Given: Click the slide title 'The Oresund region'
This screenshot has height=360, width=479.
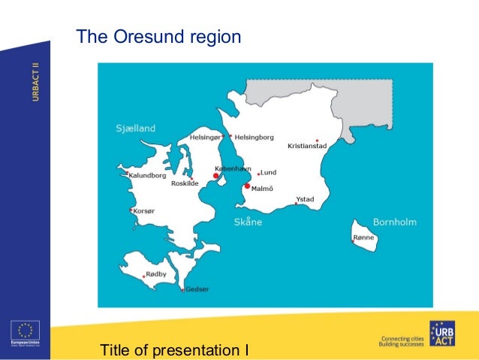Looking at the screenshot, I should (x=158, y=37).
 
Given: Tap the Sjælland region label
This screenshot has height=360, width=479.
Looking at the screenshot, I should (x=135, y=128).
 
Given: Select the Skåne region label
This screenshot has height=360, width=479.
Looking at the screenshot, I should (x=249, y=222).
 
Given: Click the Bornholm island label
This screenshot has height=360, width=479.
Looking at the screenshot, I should (x=394, y=222).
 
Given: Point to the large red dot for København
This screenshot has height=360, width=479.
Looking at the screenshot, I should (x=215, y=176).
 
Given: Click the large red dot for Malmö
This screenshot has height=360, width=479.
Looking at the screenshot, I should (x=247, y=186).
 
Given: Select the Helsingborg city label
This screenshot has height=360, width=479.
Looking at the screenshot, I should (x=255, y=138).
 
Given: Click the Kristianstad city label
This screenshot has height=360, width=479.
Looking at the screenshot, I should (x=307, y=146).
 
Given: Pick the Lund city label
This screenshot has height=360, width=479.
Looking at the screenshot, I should (x=268, y=172).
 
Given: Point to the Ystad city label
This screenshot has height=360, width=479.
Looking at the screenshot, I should (x=305, y=199).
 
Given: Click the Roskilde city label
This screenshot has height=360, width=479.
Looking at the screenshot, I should (x=185, y=183).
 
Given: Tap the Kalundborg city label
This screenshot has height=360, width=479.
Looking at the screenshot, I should (x=147, y=175).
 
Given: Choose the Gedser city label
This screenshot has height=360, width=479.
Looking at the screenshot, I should (x=197, y=289).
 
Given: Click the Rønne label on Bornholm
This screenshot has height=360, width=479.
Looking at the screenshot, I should (x=363, y=237).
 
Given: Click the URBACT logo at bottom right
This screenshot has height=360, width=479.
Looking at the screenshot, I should (x=441, y=334).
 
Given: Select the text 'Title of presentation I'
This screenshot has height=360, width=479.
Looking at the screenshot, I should (x=173, y=349).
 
